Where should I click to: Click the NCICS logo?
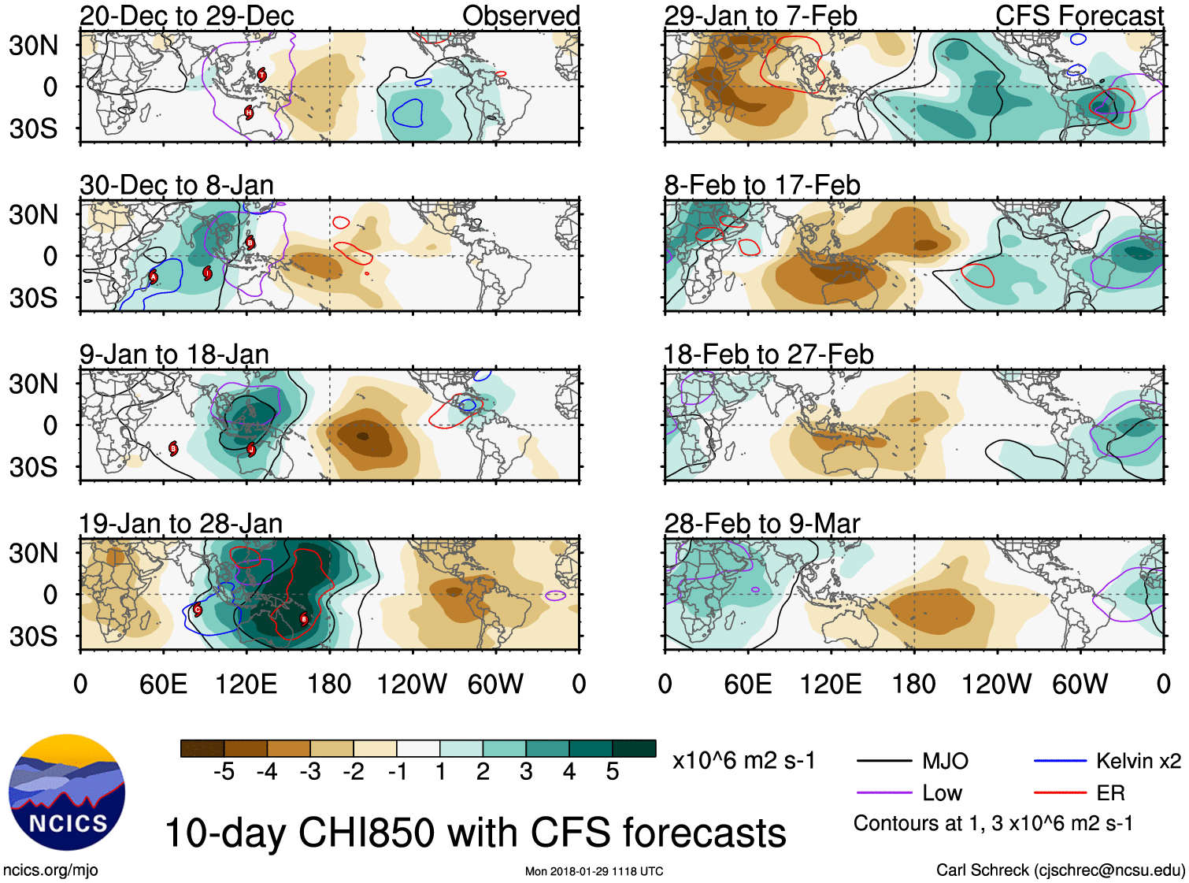point(67,792)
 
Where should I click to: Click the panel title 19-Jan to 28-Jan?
point(180,524)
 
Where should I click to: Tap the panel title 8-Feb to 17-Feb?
point(761,185)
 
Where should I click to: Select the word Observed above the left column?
point(520,16)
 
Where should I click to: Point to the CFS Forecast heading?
point(1079,16)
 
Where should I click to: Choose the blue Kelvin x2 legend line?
point(1060,761)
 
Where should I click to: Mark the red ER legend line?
point(1060,793)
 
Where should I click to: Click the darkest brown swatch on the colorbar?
point(202,748)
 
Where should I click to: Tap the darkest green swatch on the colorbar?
point(634,748)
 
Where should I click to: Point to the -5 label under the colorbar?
point(224,772)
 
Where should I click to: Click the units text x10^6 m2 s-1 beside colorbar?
point(743,761)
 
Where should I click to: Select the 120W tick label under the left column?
point(412,684)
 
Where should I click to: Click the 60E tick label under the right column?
point(747,684)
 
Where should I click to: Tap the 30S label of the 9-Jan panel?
point(33,467)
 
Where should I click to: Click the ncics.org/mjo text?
point(50,870)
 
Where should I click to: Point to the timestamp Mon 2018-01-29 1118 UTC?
point(594,871)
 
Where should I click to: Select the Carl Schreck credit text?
point(1060,870)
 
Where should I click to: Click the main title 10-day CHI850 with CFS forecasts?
point(475,833)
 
